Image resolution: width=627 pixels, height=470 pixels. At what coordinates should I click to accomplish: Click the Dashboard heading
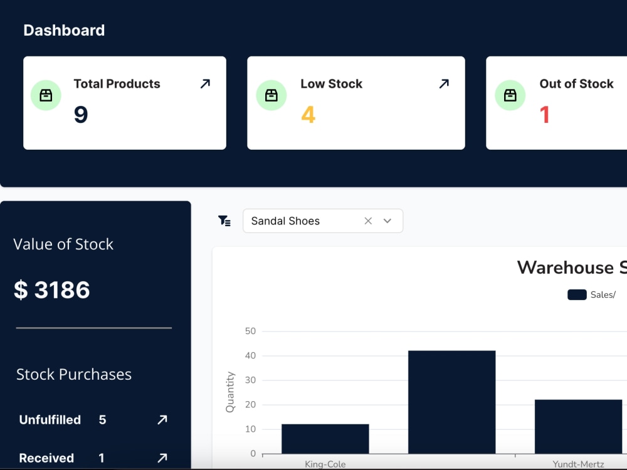pyautogui.click(x=64, y=30)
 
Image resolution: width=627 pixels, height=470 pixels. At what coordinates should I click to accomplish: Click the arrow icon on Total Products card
pyautogui.click(x=205, y=84)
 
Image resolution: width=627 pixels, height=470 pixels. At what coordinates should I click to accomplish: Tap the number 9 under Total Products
pyautogui.click(x=81, y=115)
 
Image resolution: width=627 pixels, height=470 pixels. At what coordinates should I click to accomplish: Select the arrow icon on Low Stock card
pyautogui.click(x=444, y=84)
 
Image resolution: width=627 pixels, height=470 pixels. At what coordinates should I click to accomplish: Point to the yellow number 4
pyautogui.click(x=308, y=115)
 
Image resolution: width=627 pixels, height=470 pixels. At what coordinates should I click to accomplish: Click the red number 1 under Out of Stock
pyautogui.click(x=544, y=115)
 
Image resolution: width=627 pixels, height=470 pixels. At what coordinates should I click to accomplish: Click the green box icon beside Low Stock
pyautogui.click(x=271, y=95)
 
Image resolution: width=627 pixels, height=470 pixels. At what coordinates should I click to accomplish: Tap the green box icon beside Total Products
pyautogui.click(x=46, y=95)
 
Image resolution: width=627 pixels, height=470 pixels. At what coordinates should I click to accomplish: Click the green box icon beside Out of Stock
pyautogui.click(x=510, y=95)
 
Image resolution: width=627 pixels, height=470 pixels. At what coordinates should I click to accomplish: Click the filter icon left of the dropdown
pyautogui.click(x=224, y=221)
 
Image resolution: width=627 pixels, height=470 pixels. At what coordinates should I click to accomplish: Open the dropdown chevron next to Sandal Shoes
pyautogui.click(x=387, y=221)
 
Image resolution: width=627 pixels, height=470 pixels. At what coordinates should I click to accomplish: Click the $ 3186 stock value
pyautogui.click(x=52, y=290)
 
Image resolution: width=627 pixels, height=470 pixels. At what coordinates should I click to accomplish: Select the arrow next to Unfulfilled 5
pyautogui.click(x=162, y=420)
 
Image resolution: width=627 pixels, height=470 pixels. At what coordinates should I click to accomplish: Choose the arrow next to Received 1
pyautogui.click(x=162, y=458)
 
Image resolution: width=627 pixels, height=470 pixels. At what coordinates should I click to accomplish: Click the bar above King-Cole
pyautogui.click(x=325, y=439)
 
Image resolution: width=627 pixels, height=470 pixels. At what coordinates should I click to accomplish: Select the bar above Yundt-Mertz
pyautogui.click(x=578, y=426)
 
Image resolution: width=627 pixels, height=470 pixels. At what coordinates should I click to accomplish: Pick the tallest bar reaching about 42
pyautogui.click(x=451, y=402)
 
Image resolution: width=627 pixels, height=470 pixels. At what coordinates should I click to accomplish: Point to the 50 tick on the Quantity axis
pyautogui.click(x=250, y=331)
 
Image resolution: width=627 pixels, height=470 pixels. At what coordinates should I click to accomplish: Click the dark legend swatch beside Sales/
pyautogui.click(x=577, y=295)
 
